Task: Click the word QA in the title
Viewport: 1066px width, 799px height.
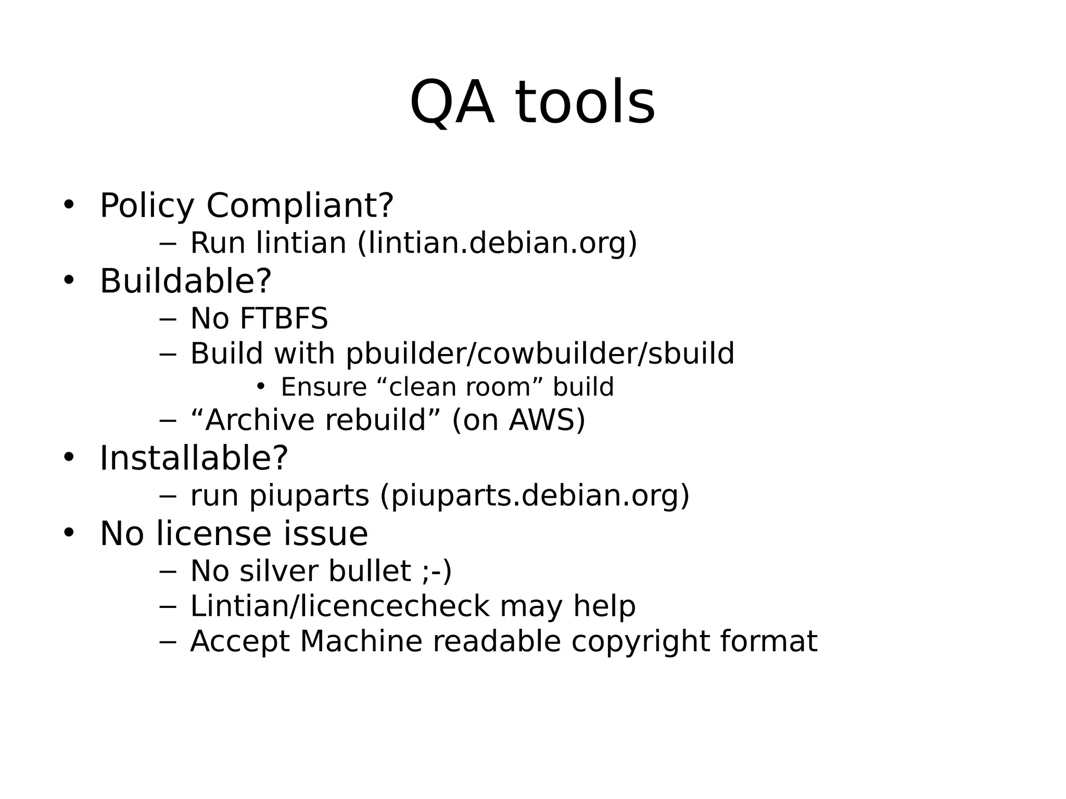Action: click(x=451, y=103)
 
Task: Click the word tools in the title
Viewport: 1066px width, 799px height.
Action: click(x=585, y=103)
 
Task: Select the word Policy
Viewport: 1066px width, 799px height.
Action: click(x=147, y=206)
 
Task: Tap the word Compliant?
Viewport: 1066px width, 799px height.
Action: click(x=300, y=206)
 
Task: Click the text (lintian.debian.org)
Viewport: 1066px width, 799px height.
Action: click(x=497, y=243)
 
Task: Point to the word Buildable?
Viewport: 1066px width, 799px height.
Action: click(x=185, y=281)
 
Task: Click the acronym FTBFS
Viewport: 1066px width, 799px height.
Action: click(x=283, y=319)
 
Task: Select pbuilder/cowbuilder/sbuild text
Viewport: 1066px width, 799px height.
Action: click(x=540, y=354)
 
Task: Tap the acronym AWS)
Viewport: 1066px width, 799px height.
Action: click(x=547, y=420)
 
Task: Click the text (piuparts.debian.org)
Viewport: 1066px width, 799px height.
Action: click(x=535, y=496)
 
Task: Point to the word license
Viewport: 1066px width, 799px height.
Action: click(x=214, y=534)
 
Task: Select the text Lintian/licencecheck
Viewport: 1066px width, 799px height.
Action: click(x=339, y=606)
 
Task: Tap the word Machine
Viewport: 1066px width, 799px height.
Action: click(x=361, y=641)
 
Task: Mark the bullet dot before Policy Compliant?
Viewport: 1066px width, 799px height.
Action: click(x=69, y=205)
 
